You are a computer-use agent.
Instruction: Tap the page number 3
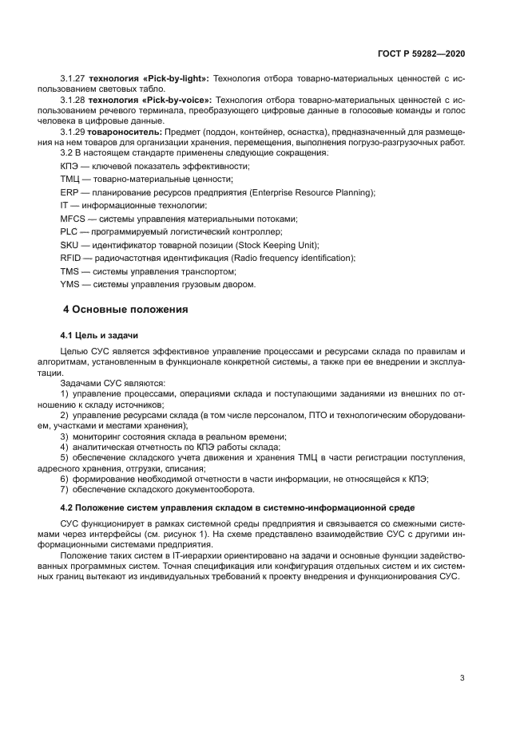pos(462,678)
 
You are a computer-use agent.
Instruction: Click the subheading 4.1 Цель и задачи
pos(94,335)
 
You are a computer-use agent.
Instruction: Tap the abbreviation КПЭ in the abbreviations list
pos(69,166)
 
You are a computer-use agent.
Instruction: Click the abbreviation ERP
pos(69,192)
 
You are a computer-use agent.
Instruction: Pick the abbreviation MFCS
pos(73,218)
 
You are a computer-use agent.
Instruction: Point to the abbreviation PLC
pos(69,231)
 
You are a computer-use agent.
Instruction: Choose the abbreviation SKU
pos(69,244)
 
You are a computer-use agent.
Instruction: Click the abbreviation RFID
pos(70,258)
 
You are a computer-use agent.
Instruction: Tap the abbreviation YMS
pos(69,283)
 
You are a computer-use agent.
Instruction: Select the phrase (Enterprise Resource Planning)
pos(312,192)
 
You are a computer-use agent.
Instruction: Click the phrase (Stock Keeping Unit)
pos(279,244)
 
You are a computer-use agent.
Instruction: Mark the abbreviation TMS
pos(69,270)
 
